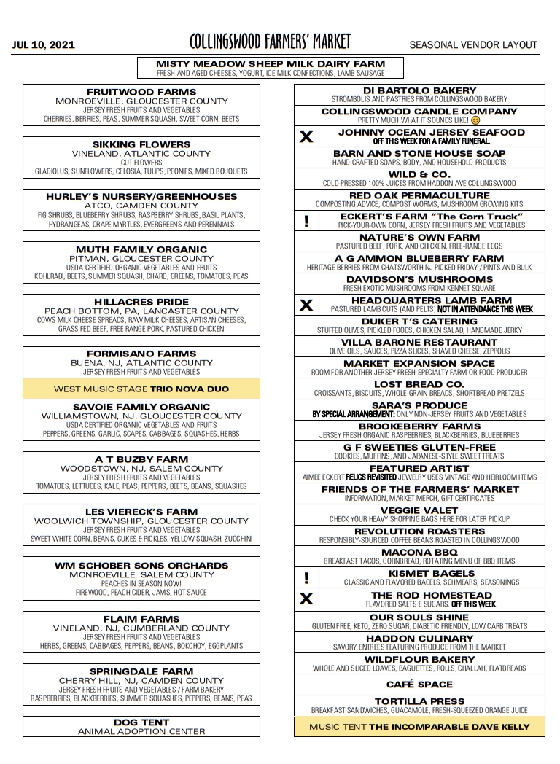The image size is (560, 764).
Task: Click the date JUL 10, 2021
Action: (43, 45)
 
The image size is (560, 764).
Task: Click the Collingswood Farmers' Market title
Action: (270, 42)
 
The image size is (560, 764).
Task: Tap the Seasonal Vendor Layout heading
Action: (473, 45)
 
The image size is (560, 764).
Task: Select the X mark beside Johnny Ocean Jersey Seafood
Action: (306, 136)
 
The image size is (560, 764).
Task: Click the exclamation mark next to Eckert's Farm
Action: (306, 221)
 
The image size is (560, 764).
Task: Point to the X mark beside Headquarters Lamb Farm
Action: (306, 305)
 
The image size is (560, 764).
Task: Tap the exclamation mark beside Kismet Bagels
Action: (306, 578)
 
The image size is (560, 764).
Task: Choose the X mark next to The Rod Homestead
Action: (306, 599)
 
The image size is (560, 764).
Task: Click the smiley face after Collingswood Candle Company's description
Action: (475, 120)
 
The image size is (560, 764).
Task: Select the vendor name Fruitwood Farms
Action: (141, 92)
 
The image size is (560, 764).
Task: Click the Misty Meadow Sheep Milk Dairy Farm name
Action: (271, 63)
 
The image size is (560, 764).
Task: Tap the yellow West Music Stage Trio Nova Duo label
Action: (141, 389)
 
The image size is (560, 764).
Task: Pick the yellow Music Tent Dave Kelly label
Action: (419, 727)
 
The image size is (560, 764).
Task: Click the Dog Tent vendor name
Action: (141, 722)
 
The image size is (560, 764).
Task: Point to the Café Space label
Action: (419, 685)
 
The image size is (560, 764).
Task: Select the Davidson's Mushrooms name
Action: (419, 279)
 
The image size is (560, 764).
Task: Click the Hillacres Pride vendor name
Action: (141, 302)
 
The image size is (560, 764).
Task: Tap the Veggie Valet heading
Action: (419, 510)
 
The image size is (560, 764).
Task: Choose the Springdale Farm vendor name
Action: (141, 671)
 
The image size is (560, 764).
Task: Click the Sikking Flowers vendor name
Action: (141, 144)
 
